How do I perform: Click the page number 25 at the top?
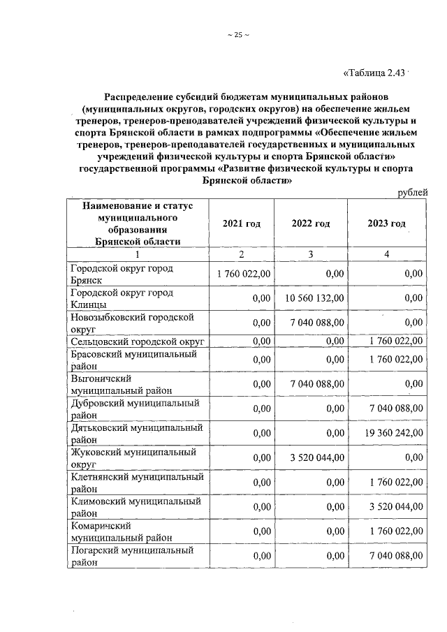pyautogui.click(x=238, y=36)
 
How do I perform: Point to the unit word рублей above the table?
pyautogui.click(x=411, y=193)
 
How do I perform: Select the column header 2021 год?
pyautogui.click(x=241, y=223)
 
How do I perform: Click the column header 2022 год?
pyautogui.click(x=311, y=223)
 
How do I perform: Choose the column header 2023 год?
pyautogui.click(x=386, y=223)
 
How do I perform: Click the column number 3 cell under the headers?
pyautogui.click(x=311, y=254)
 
